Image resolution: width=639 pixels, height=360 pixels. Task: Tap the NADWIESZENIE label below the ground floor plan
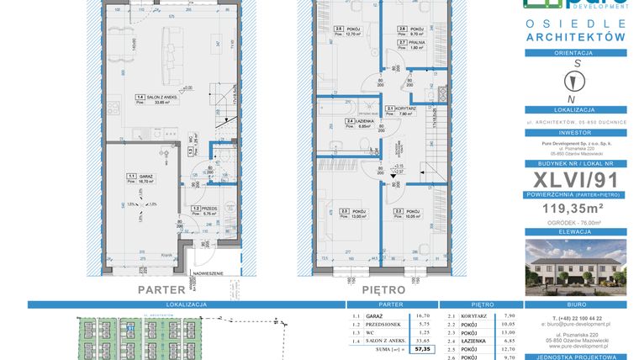click(207, 273)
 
